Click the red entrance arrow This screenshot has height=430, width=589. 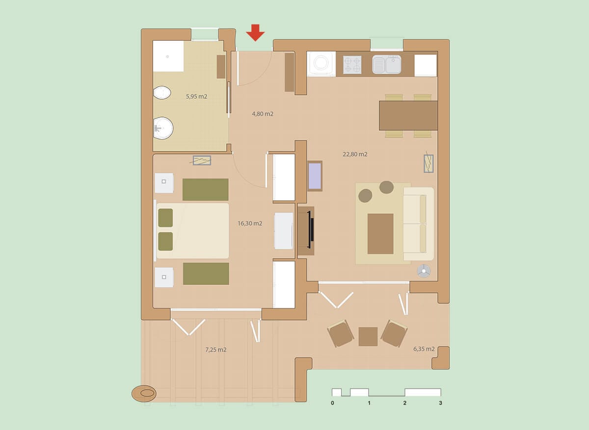point(255,32)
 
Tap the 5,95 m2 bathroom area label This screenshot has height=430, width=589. point(196,96)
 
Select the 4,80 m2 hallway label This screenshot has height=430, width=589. point(263,114)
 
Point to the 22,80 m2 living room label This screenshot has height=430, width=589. point(355,154)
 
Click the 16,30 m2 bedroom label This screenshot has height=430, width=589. point(250,223)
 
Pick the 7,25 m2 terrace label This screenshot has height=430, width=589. point(215,350)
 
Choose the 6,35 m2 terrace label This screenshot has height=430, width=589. point(424,349)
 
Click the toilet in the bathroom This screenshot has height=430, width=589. point(162,93)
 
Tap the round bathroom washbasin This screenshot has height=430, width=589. point(163,128)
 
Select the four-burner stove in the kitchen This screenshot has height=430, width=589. point(352,65)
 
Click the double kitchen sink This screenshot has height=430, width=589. point(387,64)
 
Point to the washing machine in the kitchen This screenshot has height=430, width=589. point(321,64)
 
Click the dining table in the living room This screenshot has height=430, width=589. point(408,115)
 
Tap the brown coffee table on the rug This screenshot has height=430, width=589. point(380,234)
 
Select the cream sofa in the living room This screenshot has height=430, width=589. point(418,224)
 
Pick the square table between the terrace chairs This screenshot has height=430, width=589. point(368,337)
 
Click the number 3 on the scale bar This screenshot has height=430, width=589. point(440,403)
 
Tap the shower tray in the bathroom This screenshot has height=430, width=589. point(168,56)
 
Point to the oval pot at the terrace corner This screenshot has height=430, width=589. point(144,394)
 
